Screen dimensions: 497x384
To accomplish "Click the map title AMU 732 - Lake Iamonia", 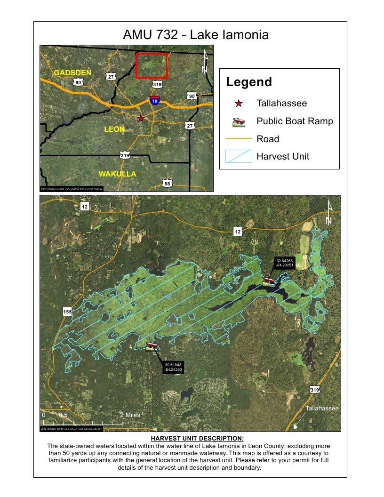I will pyautogui.click(x=195, y=35).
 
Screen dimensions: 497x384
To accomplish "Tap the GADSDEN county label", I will pyautogui.click(x=72, y=73).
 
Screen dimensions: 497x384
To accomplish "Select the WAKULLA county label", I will pyautogui.click(x=117, y=174).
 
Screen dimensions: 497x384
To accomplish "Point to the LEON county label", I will pyautogui.click(x=114, y=128).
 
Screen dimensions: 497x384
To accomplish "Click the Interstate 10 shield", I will pyautogui.click(x=155, y=100).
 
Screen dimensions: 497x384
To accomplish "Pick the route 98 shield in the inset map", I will pyautogui.click(x=167, y=184).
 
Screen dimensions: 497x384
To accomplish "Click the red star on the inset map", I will pyautogui.click(x=141, y=118).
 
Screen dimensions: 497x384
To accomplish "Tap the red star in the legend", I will pyautogui.click(x=239, y=104).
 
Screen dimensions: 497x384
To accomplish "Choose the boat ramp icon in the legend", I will pyautogui.click(x=239, y=122).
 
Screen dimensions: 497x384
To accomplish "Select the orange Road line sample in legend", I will pyautogui.click(x=239, y=139).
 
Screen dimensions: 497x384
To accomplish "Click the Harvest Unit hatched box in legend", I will pyautogui.click(x=239, y=156).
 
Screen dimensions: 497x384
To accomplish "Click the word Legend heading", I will pyautogui.click(x=249, y=82).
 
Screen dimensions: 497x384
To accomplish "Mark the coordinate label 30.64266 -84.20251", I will pyautogui.click(x=285, y=263).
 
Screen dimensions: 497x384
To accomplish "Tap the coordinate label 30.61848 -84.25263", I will pyautogui.click(x=173, y=367).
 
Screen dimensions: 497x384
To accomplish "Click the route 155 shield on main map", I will pyautogui.click(x=67, y=311).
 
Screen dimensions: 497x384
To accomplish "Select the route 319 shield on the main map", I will pyautogui.click(x=315, y=389).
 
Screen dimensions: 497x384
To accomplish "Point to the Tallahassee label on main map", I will pyautogui.click(x=322, y=409).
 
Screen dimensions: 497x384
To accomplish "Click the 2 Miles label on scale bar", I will pyautogui.click(x=130, y=415).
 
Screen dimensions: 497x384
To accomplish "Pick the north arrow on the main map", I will pyautogui.click(x=329, y=213).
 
